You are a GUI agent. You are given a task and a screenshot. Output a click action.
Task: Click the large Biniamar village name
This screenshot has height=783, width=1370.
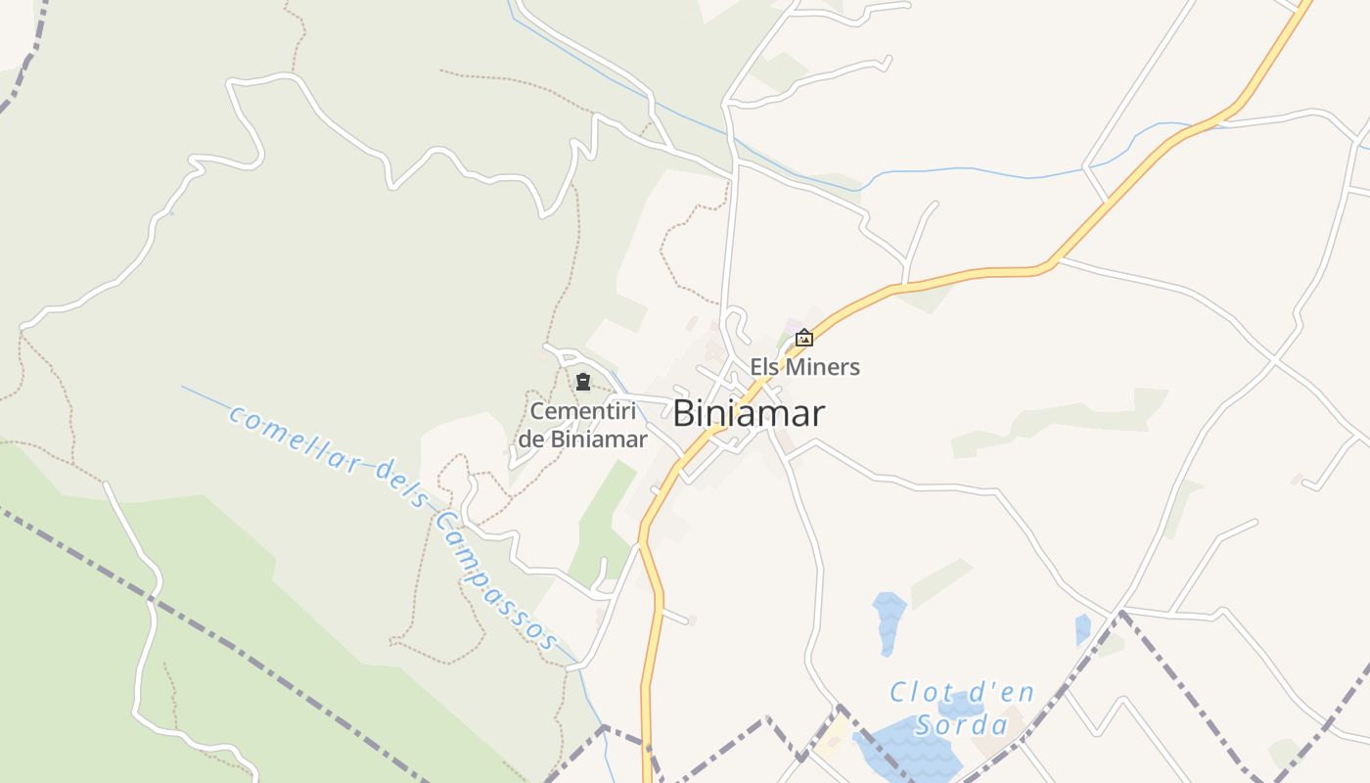(749, 413)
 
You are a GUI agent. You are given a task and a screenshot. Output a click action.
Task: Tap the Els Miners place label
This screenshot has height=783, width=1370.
(804, 367)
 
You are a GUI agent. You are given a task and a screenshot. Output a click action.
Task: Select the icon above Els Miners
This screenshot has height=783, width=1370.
(804, 339)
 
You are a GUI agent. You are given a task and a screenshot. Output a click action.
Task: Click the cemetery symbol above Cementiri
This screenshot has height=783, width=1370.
(583, 382)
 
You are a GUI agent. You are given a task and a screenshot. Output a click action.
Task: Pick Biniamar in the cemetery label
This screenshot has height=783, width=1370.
(598, 439)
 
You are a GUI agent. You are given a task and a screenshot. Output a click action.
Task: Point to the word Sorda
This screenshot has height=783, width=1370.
(961, 725)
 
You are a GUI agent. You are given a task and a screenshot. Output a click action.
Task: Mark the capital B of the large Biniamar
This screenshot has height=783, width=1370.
(684, 413)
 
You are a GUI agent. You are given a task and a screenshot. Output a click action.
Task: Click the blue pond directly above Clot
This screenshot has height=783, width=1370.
(890, 622)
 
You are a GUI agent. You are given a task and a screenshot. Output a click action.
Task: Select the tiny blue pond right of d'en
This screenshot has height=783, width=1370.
(1082, 628)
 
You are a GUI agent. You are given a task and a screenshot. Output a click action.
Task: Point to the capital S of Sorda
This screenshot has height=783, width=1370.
(925, 725)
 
